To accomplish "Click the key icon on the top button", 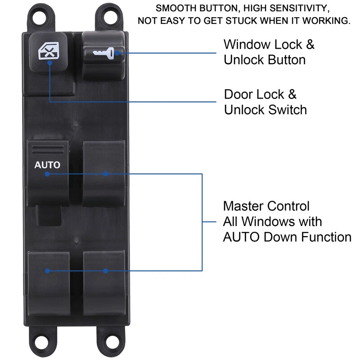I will coord(106,54).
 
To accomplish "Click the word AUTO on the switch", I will coord(47,165).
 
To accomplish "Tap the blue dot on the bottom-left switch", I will coord(47,271).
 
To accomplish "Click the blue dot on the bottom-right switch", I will coord(105,271).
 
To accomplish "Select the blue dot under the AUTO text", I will coord(47,174).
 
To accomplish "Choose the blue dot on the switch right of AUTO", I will coord(105,174).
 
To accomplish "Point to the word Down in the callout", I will coord(280,237).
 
